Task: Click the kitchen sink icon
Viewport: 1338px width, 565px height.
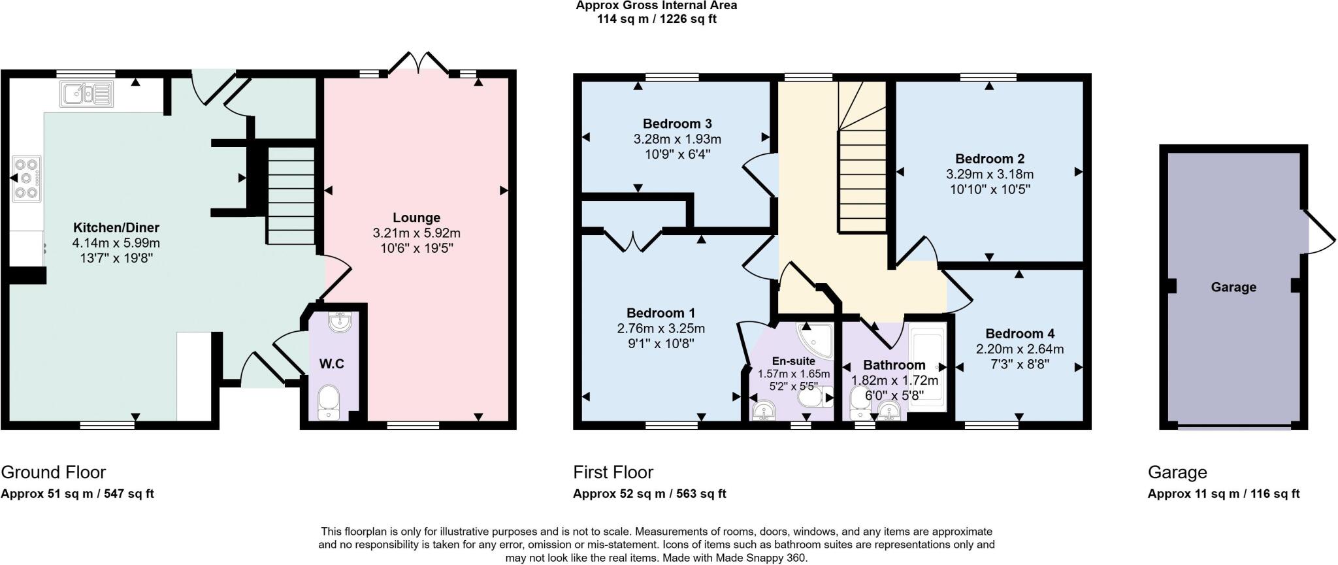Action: [x=87, y=93]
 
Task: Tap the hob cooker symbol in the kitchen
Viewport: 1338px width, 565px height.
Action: [x=26, y=178]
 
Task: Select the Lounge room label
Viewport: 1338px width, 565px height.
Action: [x=416, y=218]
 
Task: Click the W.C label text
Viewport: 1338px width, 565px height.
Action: [x=331, y=364]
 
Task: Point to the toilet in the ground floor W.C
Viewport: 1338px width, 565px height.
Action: [x=327, y=401]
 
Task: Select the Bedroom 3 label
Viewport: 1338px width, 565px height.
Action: [x=677, y=123]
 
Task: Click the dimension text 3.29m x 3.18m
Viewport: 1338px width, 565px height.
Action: [x=989, y=174]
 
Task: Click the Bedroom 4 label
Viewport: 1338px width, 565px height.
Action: [x=1019, y=333]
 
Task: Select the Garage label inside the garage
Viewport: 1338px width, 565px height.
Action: [x=1233, y=287]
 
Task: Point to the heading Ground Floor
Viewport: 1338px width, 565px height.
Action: [x=53, y=472]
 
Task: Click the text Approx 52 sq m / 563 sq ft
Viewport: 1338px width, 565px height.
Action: [x=649, y=494]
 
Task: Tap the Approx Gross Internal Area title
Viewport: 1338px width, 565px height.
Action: [x=656, y=6]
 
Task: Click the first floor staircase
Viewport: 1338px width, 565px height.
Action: [x=862, y=176]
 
